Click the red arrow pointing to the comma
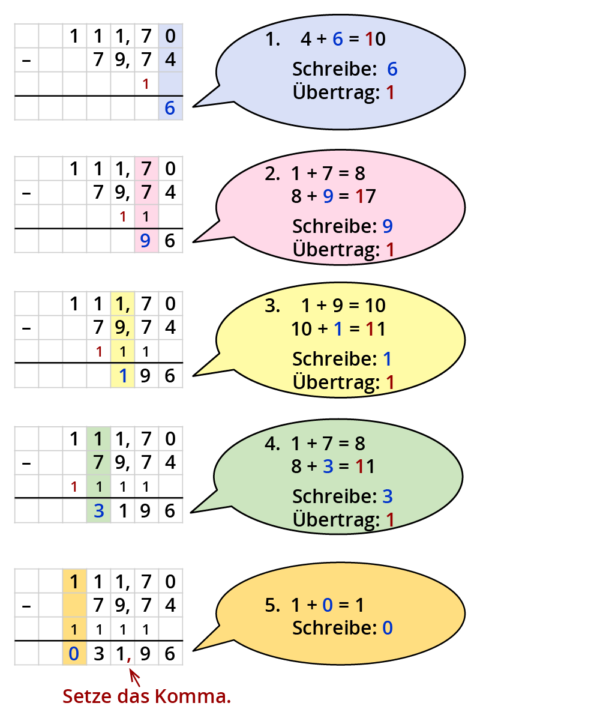[x=135, y=678]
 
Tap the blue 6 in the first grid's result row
[x=170, y=108]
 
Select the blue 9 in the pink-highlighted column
[x=145, y=241]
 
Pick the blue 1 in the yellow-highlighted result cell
[x=123, y=376]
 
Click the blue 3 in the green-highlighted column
[x=99, y=511]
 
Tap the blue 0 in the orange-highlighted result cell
[x=74, y=653]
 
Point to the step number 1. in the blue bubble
[x=273, y=40]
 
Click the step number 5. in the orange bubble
[x=272, y=605]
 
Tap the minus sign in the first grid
[x=26, y=60]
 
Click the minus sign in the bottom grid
[x=26, y=605]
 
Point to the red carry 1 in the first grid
[x=146, y=84]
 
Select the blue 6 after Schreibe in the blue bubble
[x=392, y=70]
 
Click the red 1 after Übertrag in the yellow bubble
[x=390, y=382]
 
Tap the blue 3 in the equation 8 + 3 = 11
[x=328, y=466]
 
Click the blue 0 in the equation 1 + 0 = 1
[x=327, y=605]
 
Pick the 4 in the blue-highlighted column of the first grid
[x=170, y=60]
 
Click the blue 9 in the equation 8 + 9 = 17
[x=328, y=196]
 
